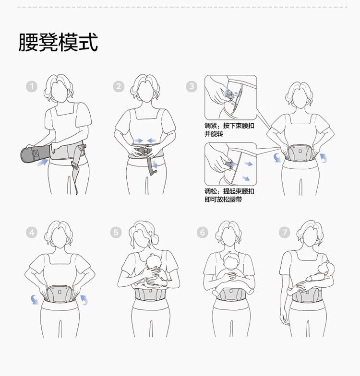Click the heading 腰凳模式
[58, 42]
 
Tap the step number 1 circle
[32, 86]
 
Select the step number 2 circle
[119, 86]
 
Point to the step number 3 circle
[192, 86]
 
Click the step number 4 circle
[32, 232]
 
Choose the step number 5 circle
[116, 232]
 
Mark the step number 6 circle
[203, 232]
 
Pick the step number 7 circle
[285, 232]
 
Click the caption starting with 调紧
[229, 129]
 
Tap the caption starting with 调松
[229, 195]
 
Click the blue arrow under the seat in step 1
[42, 162]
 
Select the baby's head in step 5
[153, 261]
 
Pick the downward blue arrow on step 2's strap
[155, 164]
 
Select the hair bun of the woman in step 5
[156, 238]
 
